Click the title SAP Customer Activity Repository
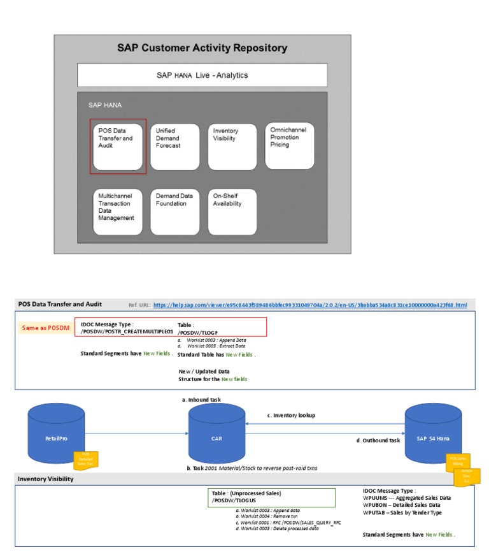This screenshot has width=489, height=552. click(x=202, y=48)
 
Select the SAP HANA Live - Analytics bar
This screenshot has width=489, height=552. click(x=202, y=75)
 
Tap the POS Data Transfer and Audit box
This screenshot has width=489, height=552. click(x=118, y=146)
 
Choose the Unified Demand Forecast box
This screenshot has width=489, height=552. click(x=175, y=146)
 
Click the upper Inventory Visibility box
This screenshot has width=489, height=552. click(x=232, y=146)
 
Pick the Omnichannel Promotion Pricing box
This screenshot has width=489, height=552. click(x=290, y=145)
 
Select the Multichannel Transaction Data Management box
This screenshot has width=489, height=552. click(x=118, y=211)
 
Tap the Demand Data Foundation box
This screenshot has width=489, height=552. click(x=175, y=211)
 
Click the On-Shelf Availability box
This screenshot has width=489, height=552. click(x=232, y=211)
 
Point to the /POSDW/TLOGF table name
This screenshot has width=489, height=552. click(x=198, y=332)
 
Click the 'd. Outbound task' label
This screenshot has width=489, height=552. click(x=378, y=440)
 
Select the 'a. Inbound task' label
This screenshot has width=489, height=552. click(x=202, y=400)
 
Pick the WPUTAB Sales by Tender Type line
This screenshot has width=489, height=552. click(x=402, y=512)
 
